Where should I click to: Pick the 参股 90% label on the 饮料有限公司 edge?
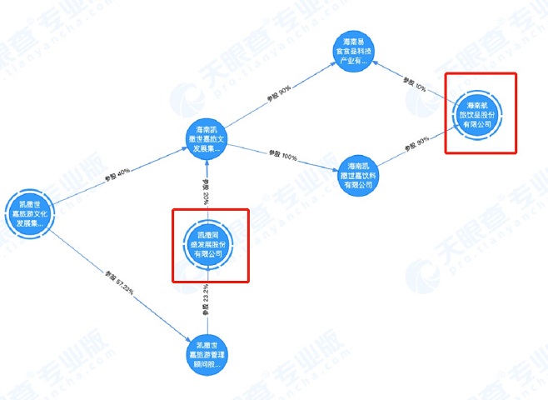click(x=416, y=144)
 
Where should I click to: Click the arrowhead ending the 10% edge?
click(x=386, y=68)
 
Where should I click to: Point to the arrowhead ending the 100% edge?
click(x=334, y=166)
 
